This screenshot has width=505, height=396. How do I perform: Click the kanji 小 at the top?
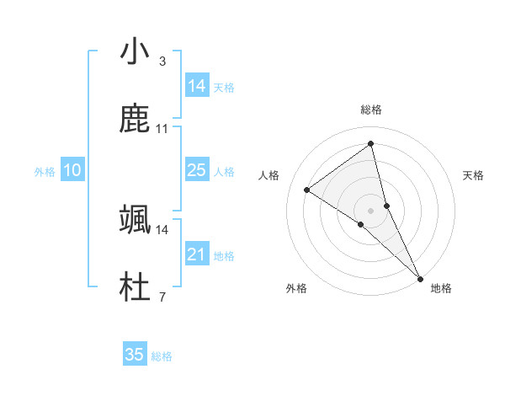(x=135, y=52)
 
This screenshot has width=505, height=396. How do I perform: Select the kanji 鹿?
(x=135, y=120)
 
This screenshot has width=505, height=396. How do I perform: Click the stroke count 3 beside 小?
(x=162, y=62)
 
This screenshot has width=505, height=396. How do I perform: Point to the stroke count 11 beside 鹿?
(x=162, y=129)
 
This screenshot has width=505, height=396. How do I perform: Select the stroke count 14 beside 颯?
(x=162, y=229)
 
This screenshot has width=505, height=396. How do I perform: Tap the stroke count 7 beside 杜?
(x=162, y=297)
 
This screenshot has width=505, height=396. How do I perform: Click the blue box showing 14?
(x=197, y=86)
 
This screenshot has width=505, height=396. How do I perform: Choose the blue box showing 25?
(x=197, y=170)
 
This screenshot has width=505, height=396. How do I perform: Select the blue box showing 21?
(x=197, y=254)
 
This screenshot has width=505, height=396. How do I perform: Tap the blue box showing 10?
(x=72, y=170)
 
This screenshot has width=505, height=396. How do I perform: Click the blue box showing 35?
(x=135, y=355)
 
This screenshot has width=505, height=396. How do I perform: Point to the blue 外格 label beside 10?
(x=45, y=172)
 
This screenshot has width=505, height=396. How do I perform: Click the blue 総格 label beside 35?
(x=162, y=356)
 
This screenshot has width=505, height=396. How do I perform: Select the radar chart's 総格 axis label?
(x=371, y=110)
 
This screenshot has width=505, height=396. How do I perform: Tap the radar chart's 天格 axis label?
(x=473, y=175)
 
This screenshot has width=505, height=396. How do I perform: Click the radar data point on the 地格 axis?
(x=420, y=277)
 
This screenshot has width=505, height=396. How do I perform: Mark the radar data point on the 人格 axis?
(x=307, y=190)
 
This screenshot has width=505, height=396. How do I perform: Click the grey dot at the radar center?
(x=371, y=210)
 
